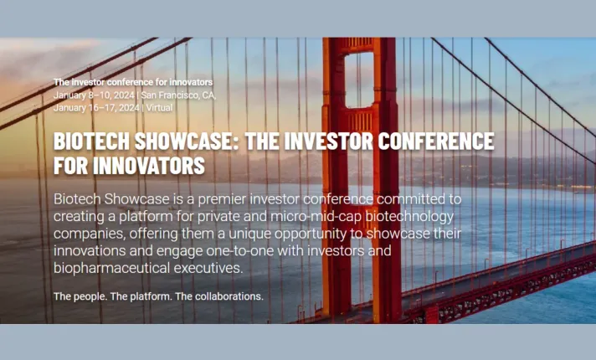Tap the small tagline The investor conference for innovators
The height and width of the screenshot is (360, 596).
tap(133, 82)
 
